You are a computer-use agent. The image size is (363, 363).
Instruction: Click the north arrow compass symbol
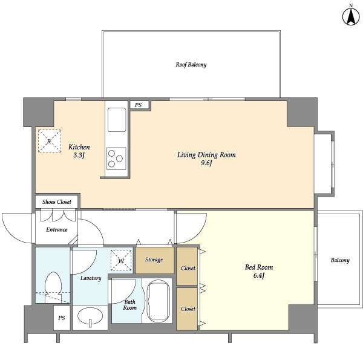coord(351,16)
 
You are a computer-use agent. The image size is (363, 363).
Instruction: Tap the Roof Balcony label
coord(191,65)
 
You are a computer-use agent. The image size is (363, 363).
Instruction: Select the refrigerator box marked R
coord(50,141)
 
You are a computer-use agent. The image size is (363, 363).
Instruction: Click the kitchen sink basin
coord(117,120)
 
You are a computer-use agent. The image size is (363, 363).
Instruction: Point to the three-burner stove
coord(116,159)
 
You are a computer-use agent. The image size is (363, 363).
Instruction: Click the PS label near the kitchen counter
coord(138,105)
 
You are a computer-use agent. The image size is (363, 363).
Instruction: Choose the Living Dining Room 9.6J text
coord(206,159)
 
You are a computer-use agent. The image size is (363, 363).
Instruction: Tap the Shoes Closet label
coord(57,202)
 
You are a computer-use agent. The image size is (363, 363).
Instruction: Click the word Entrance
coord(57,230)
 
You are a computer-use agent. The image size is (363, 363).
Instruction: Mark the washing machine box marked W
coord(122,260)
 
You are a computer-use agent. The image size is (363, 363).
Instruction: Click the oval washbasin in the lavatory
coord(90,316)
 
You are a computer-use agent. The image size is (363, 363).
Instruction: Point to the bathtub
coord(157,301)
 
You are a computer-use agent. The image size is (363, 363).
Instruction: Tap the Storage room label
coord(154,260)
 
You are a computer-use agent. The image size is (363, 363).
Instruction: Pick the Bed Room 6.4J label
coord(259,271)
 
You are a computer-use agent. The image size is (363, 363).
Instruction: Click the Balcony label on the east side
coord(340,260)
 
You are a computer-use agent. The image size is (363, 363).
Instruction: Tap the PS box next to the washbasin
coord(62,318)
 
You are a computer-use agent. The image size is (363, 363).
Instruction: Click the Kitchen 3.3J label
coord(79,151)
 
